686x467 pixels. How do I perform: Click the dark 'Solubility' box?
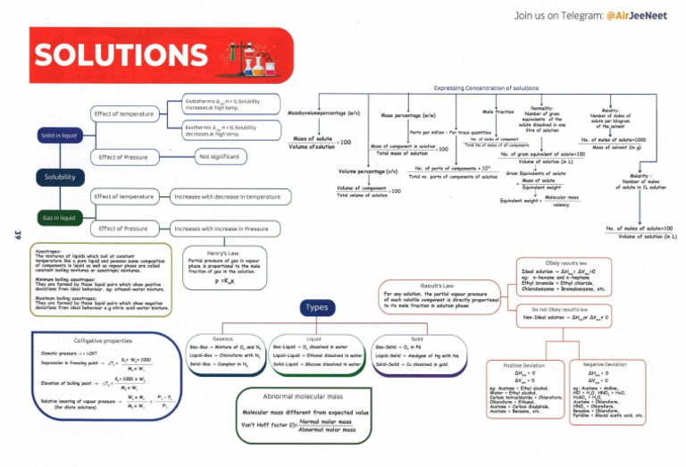tap(60, 177)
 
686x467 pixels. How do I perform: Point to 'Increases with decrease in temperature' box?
tap(227, 196)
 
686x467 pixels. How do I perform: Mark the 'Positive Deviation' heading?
tap(524, 365)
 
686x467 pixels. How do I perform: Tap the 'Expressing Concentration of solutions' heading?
tap(483, 88)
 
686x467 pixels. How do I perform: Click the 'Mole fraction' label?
tap(498, 111)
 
